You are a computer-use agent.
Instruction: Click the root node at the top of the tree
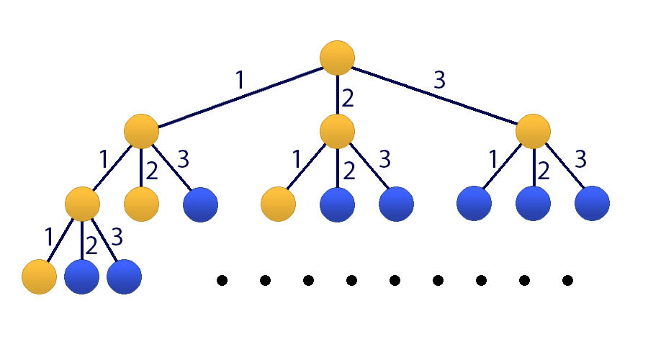pyautogui.click(x=337, y=58)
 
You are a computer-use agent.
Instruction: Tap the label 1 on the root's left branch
pyautogui.click(x=240, y=79)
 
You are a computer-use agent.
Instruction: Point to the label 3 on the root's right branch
pyautogui.click(x=439, y=79)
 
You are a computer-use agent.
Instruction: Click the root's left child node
pyautogui.click(x=141, y=131)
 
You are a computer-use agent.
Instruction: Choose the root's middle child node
pyautogui.click(x=337, y=131)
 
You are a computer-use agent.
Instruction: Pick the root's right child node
pyautogui.click(x=534, y=131)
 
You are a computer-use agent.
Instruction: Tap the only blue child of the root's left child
pyautogui.click(x=200, y=204)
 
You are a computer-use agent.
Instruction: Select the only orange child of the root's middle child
pyautogui.click(x=278, y=204)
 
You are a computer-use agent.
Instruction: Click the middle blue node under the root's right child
pyautogui.click(x=534, y=204)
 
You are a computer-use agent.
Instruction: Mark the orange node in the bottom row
pyautogui.click(x=39, y=276)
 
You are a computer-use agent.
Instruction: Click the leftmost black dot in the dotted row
pyautogui.click(x=222, y=279)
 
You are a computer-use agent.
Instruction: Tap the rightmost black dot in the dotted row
pyautogui.click(x=567, y=279)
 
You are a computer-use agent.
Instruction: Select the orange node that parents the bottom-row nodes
pyautogui.click(x=82, y=204)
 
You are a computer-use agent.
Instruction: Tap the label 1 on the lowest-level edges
pyautogui.click(x=48, y=236)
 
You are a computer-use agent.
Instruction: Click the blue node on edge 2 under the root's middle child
pyautogui.click(x=337, y=204)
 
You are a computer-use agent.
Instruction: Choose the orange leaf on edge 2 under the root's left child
pyautogui.click(x=141, y=204)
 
